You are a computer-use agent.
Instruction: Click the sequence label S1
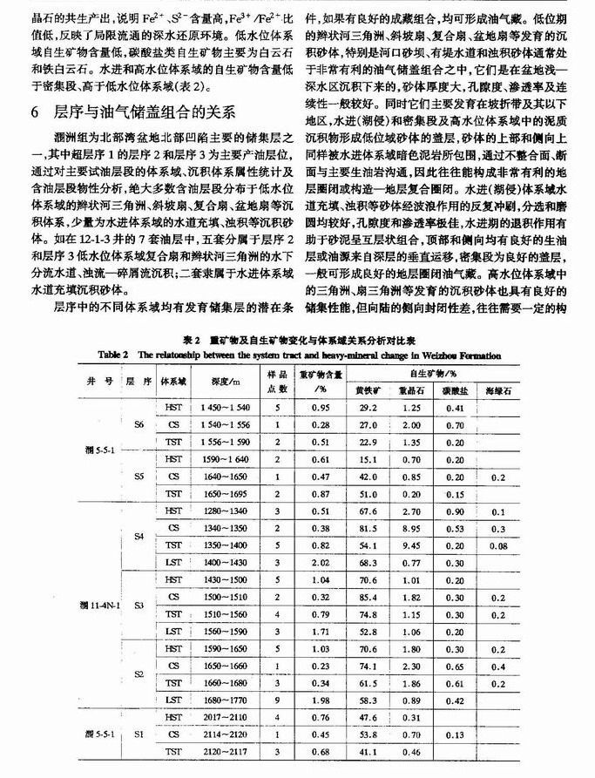[140, 735]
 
